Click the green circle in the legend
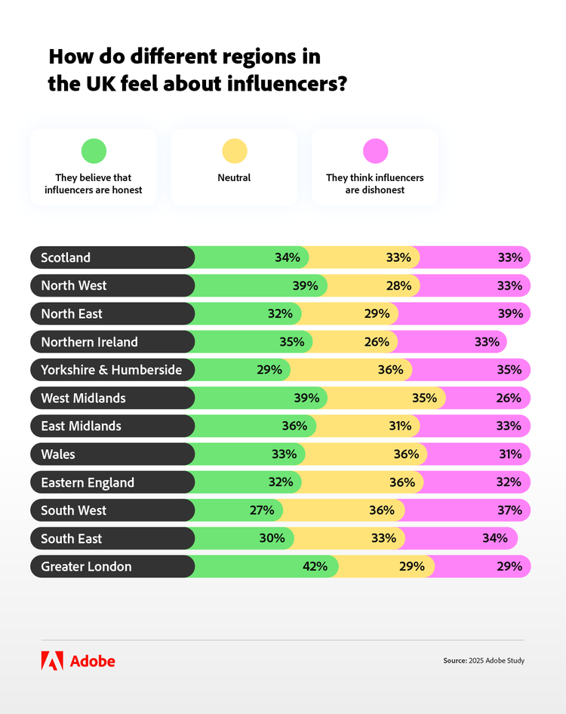(94, 151)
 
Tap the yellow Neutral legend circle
(234, 151)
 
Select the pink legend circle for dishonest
(375, 151)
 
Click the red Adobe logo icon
(52, 661)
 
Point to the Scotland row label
(66, 257)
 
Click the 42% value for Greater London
(315, 567)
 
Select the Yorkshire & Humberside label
(117, 370)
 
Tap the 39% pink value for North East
(510, 314)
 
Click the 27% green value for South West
(262, 510)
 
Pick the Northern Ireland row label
(89, 342)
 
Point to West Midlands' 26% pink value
(509, 398)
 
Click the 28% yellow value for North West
(398, 285)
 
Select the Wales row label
(58, 454)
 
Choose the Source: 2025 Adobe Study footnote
(483, 661)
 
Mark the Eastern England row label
(88, 482)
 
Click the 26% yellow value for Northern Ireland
(377, 342)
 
